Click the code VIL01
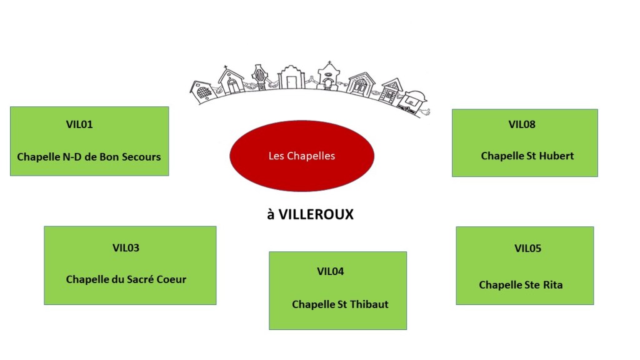(79, 124)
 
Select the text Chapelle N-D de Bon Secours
(89, 157)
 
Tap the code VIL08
(522, 124)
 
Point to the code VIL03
(126, 248)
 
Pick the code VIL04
(331, 271)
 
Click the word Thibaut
(368, 304)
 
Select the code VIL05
(527, 248)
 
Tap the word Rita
(551, 285)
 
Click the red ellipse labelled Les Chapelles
(302, 156)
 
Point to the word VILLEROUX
(316, 214)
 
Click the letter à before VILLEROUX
(271, 214)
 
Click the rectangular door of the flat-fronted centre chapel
(291, 82)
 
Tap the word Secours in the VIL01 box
(141, 157)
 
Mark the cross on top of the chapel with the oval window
(327, 64)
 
